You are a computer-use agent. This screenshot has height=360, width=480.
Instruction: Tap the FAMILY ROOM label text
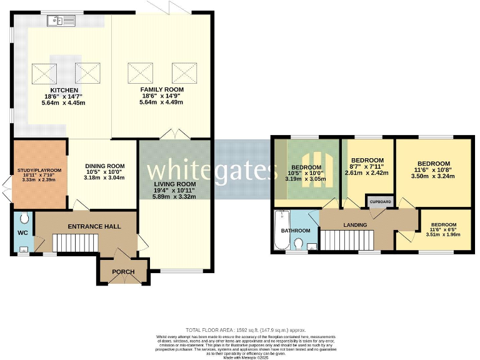click(161, 89)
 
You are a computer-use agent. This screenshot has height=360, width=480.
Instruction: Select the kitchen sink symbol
click(61, 21)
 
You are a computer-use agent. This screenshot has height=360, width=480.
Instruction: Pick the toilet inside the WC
click(23, 219)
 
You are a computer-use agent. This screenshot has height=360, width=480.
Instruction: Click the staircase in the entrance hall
click(75, 242)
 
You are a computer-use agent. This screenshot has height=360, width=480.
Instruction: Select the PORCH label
click(122, 272)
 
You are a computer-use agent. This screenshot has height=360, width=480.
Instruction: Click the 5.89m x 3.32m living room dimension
click(175, 197)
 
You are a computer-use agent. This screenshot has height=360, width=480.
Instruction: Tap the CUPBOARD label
click(381, 202)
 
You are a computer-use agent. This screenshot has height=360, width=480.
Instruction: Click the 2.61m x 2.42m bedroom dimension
click(367, 172)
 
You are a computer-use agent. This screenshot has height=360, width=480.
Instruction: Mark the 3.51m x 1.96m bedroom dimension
click(443, 235)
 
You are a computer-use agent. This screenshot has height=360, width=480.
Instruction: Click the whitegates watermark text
click(212, 169)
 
